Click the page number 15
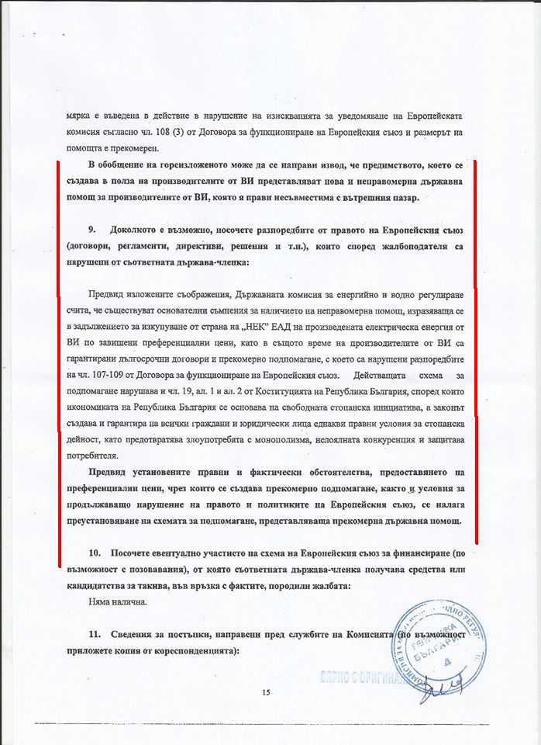click(x=265, y=692)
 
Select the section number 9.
click(x=92, y=230)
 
